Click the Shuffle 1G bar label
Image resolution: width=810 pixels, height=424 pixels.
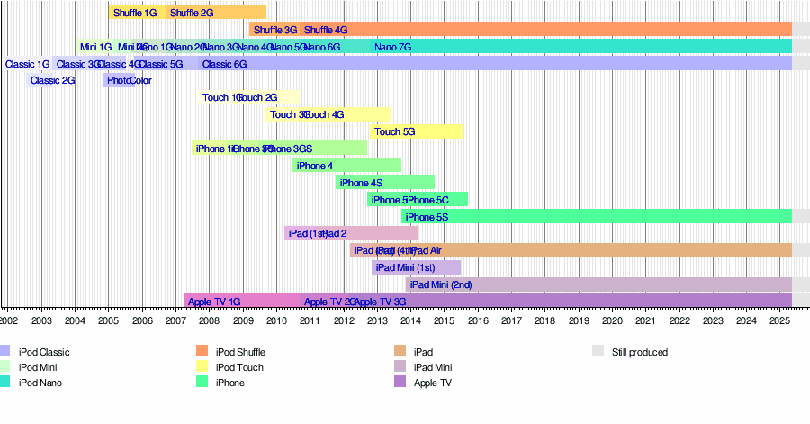click(x=135, y=13)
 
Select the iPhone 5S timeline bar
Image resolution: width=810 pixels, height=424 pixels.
click(x=594, y=216)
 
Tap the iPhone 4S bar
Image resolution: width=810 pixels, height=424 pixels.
click(x=385, y=182)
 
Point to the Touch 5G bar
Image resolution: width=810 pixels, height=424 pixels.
click(x=417, y=131)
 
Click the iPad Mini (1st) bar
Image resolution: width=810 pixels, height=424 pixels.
click(x=416, y=267)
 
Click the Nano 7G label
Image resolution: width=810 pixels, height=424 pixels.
click(x=392, y=47)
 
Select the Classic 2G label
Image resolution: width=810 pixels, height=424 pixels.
click(x=52, y=80)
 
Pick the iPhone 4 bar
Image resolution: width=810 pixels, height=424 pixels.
click(x=346, y=165)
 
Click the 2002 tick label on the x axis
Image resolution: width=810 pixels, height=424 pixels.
click(x=8, y=320)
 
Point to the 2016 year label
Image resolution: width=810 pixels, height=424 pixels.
click(x=477, y=320)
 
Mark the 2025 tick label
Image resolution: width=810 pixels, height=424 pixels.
click(x=779, y=320)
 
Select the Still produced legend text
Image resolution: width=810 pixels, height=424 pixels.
click(x=640, y=352)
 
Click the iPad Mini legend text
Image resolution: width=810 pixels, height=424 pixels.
click(x=433, y=367)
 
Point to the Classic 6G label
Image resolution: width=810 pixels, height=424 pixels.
click(x=224, y=64)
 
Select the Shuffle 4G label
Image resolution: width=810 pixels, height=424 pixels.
click(x=326, y=30)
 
